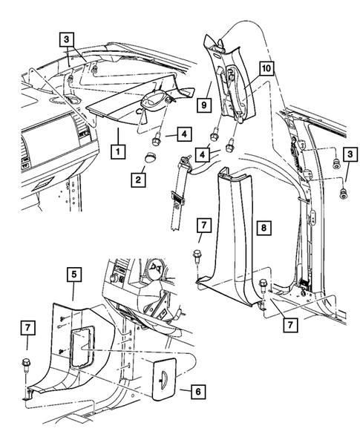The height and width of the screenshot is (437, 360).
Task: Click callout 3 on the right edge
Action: coord(347,154)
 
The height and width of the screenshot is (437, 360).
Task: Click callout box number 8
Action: coord(261,225)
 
